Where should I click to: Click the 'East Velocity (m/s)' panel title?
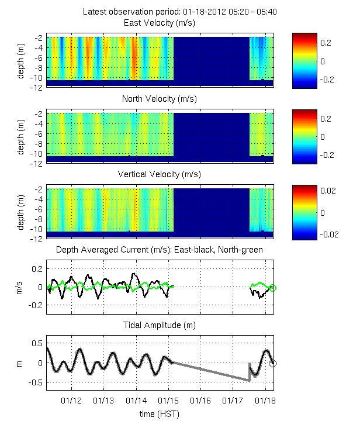(159, 23)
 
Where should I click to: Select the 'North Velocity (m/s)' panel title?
(159, 99)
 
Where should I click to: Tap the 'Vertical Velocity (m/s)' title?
(159, 175)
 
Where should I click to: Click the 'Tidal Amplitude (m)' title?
(159, 325)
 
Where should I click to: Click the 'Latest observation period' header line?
(159, 12)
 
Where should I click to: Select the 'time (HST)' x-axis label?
(159, 414)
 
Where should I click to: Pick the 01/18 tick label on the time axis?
(266, 401)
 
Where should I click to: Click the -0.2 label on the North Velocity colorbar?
(328, 155)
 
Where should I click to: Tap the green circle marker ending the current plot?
(273, 287)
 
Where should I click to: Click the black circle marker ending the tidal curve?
(273, 363)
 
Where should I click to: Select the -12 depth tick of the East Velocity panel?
(36, 87)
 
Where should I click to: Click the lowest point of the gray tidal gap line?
(249, 381)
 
